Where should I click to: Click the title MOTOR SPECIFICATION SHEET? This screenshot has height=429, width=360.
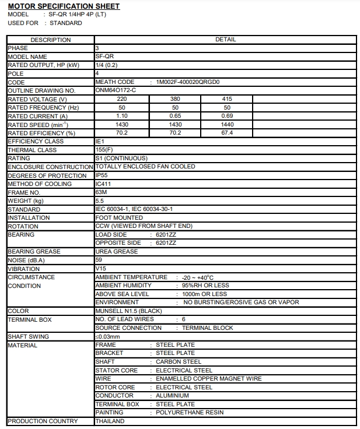click(64, 6)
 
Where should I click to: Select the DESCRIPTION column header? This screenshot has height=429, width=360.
click(50, 40)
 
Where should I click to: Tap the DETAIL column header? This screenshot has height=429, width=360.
click(225, 40)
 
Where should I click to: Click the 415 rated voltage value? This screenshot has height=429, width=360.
click(227, 99)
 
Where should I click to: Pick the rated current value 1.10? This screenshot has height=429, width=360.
click(122, 116)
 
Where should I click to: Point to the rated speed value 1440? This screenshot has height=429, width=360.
click(227, 124)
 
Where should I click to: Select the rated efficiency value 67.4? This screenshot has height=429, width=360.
click(227, 133)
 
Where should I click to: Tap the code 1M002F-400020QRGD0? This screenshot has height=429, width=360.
click(188, 82)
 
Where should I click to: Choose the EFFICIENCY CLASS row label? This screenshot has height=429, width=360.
click(36, 142)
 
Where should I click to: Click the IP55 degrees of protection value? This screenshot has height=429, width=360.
click(102, 175)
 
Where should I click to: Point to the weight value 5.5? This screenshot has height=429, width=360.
click(99, 201)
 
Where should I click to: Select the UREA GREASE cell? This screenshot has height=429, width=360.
click(116, 252)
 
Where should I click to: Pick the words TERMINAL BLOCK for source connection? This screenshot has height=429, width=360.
click(207, 328)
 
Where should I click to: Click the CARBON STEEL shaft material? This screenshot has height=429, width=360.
click(178, 362)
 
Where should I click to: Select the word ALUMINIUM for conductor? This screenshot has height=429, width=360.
click(173, 396)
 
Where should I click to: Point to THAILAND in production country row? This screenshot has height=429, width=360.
click(110, 421)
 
